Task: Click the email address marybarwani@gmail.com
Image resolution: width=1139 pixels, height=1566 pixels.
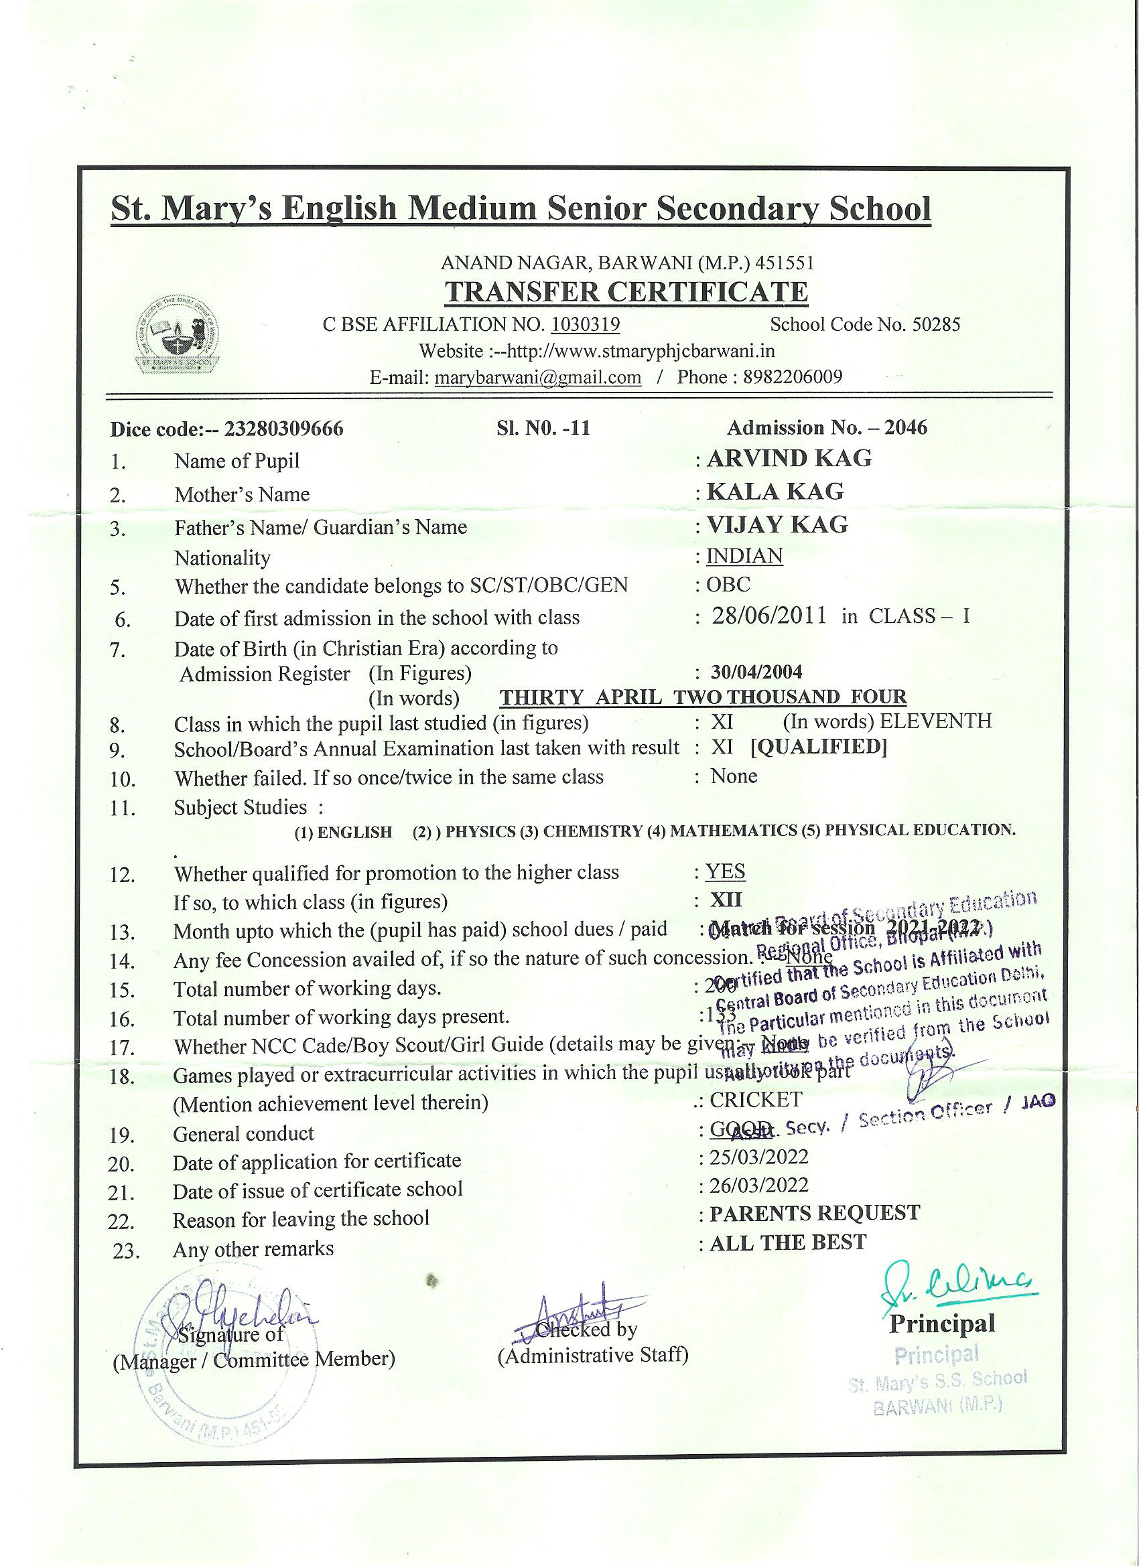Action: click(538, 378)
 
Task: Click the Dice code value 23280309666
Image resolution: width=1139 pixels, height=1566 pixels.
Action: click(284, 429)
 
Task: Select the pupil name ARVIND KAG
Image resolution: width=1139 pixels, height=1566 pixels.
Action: click(789, 458)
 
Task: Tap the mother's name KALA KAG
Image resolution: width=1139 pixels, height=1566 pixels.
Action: click(775, 492)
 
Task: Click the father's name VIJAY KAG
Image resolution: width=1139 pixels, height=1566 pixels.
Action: click(777, 524)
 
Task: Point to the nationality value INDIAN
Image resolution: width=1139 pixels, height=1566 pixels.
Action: click(744, 556)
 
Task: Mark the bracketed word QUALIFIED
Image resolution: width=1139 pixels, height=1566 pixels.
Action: click(819, 747)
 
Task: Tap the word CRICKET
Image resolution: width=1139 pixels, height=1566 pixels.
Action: click(756, 1099)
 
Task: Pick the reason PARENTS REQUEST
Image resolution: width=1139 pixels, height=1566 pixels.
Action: click(815, 1213)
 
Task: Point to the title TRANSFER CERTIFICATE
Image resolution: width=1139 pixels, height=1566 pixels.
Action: click(626, 292)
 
